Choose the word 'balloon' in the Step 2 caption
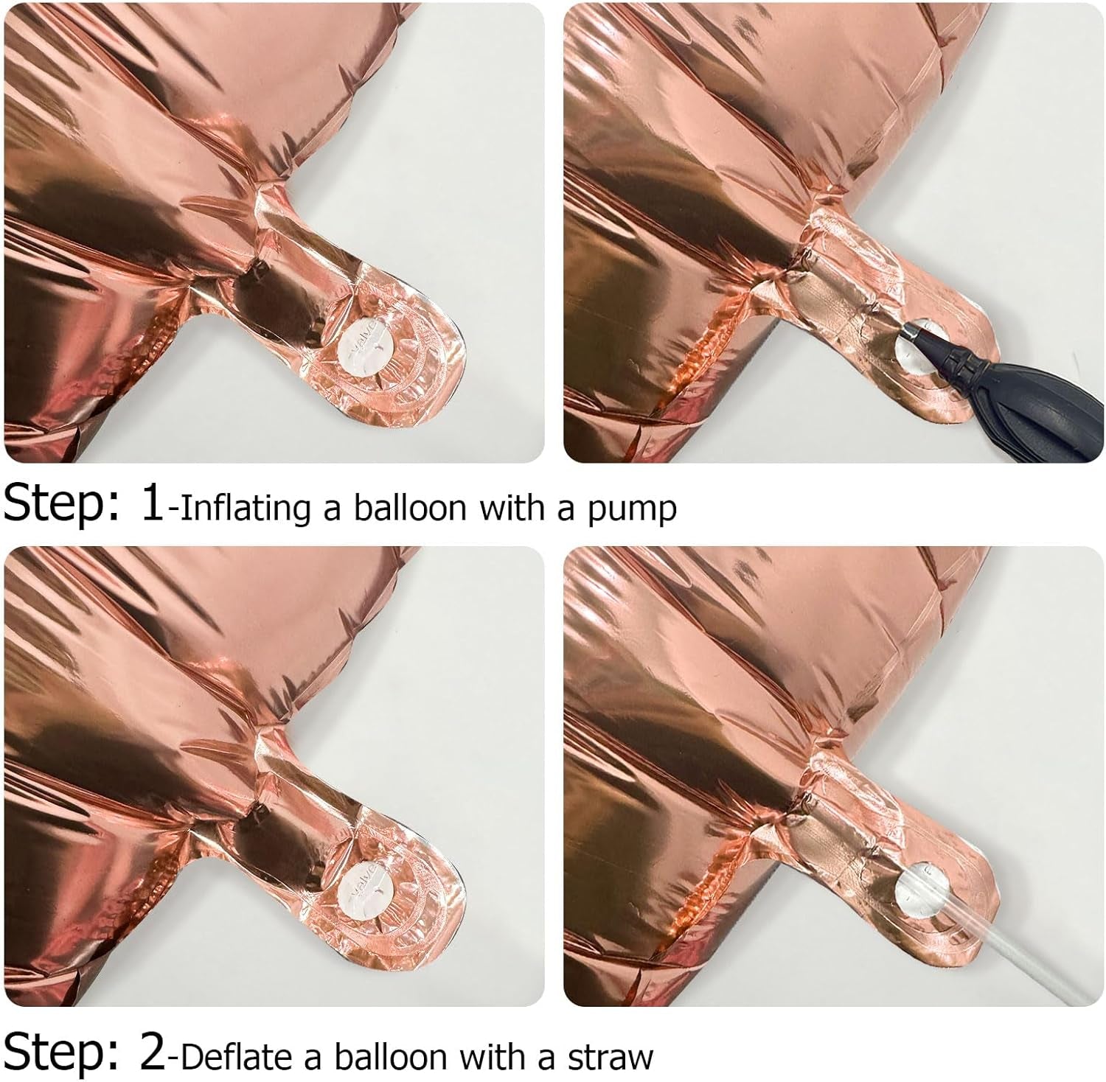tap(391, 1055)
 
